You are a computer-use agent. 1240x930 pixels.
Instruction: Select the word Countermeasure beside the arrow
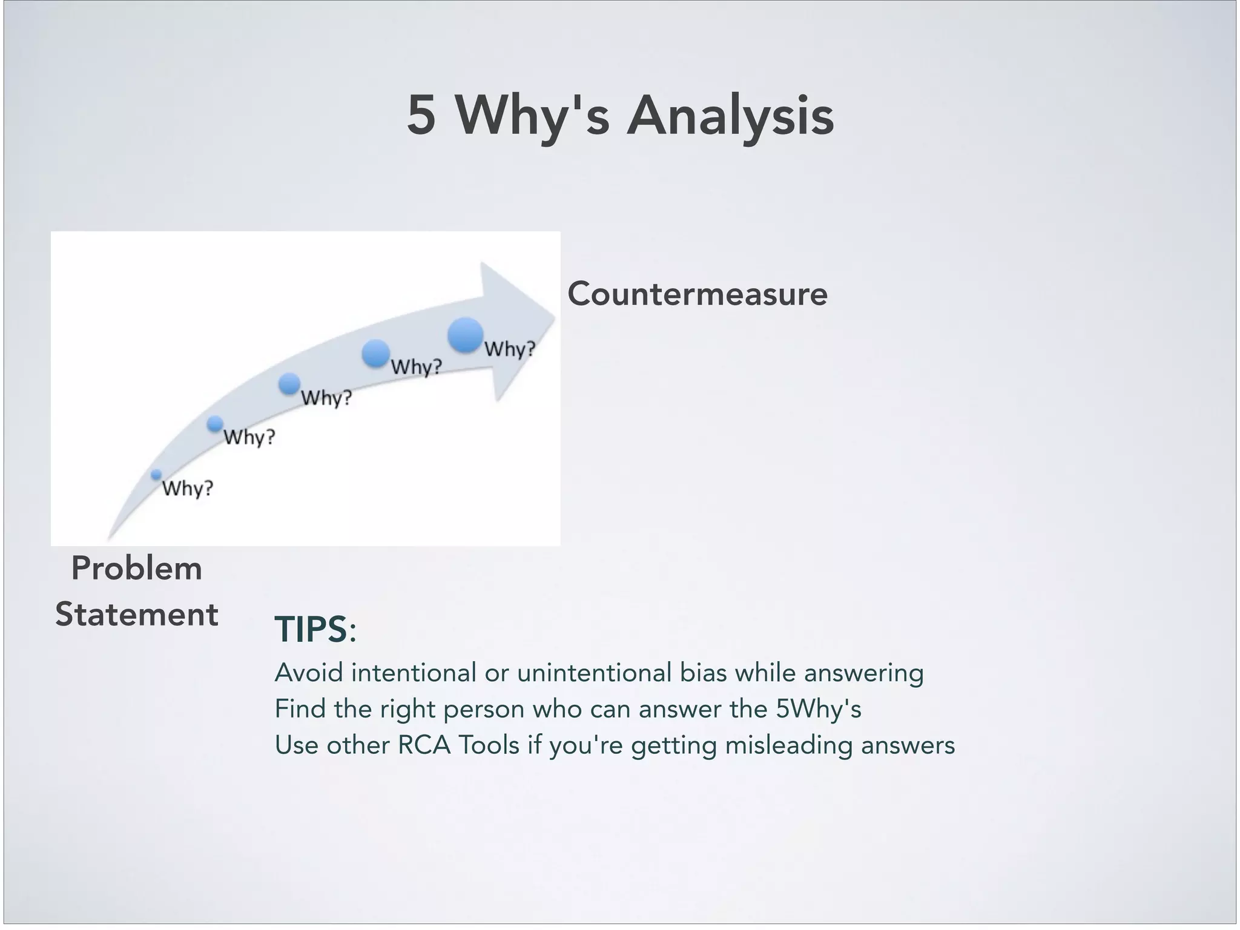[x=697, y=294]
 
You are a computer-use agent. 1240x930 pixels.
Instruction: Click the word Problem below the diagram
[x=136, y=569]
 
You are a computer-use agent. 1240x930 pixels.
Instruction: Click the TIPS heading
[x=315, y=629]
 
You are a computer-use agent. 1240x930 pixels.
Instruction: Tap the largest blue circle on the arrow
[x=465, y=335]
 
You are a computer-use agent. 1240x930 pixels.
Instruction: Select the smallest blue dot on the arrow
[x=156, y=475]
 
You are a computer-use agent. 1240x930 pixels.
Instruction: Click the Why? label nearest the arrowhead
[x=510, y=349]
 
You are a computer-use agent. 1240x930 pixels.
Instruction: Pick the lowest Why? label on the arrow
[x=188, y=489]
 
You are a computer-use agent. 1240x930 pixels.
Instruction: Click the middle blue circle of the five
[x=289, y=383]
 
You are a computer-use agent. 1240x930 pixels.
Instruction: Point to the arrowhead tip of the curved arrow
[x=553, y=316]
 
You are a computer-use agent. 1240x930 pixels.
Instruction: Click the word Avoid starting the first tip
[x=309, y=673]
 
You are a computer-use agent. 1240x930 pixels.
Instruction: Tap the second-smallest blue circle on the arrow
[x=215, y=424]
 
